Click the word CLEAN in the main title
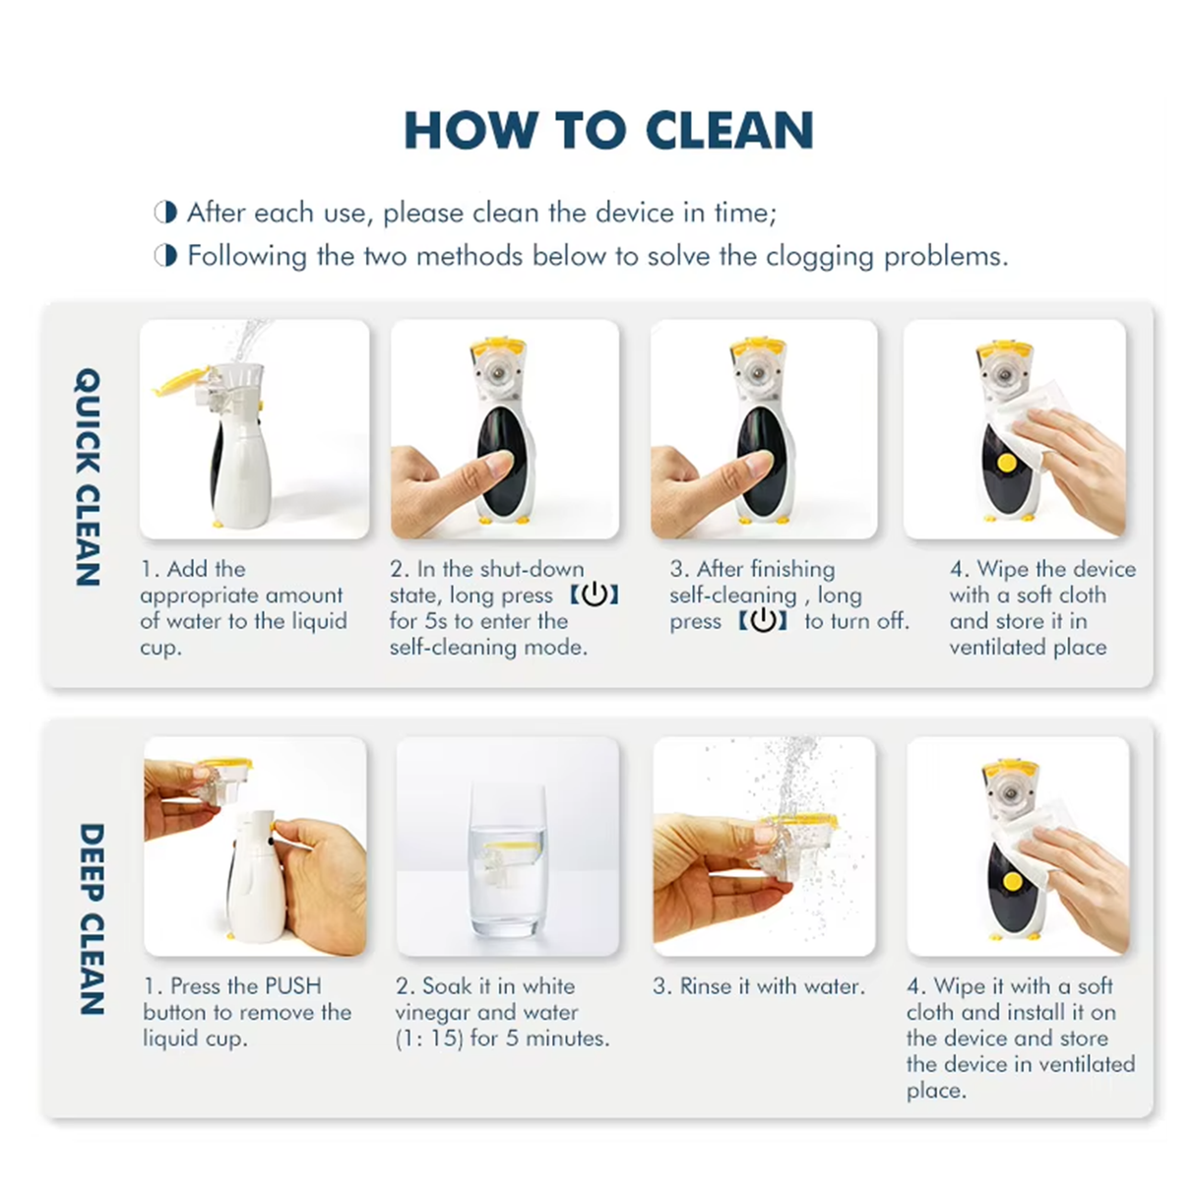point(729,131)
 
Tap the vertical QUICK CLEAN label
point(88,476)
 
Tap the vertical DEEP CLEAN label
point(91,917)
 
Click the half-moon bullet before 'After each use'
point(165,213)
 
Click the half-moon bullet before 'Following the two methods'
point(165,256)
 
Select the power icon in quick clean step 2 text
point(594,595)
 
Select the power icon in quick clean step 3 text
point(763,621)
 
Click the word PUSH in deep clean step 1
point(292,986)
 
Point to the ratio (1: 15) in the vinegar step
point(429,1038)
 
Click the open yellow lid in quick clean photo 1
point(182,381)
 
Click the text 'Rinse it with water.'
point(758,986)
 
